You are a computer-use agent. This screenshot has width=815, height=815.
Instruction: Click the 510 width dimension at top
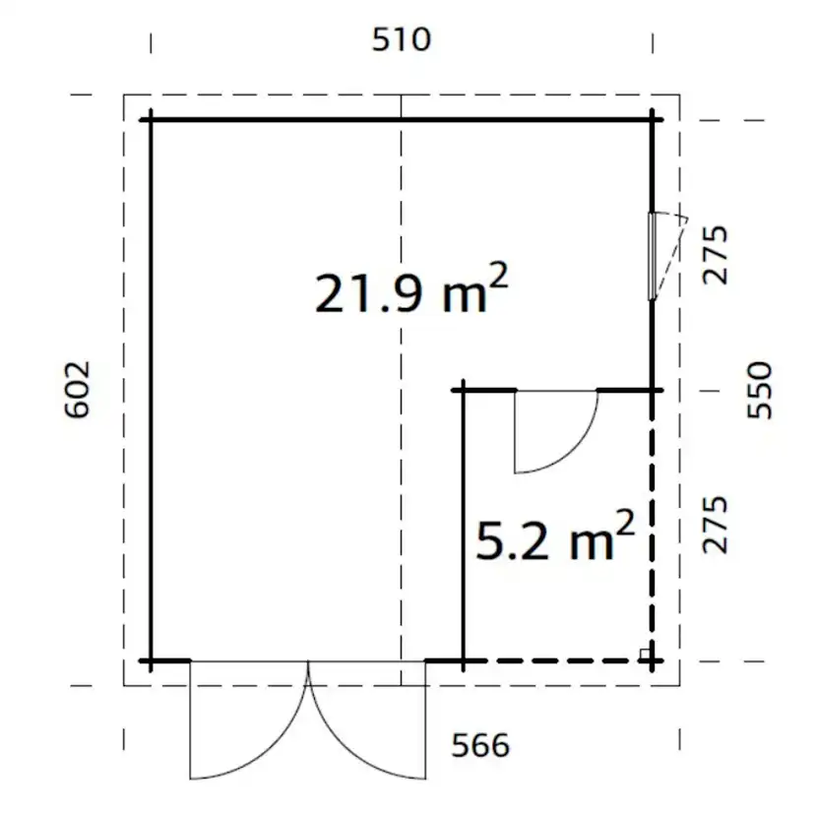(402, 39)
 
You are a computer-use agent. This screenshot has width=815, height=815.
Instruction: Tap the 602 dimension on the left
(77, 390)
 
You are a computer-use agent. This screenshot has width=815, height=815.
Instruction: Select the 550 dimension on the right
(759, 391)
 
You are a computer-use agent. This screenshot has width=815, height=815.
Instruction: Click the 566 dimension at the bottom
(480, 745)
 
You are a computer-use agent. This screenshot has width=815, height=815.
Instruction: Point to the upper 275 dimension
(715, 255)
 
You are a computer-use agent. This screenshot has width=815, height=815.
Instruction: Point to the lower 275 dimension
(715, 525)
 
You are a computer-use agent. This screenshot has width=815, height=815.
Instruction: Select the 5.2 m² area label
(554, 535)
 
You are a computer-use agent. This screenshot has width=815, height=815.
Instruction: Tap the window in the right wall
(652, 256)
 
